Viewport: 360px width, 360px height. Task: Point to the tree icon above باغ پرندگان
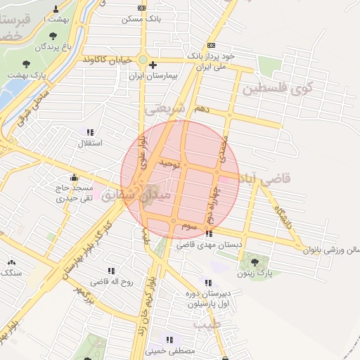pyautogui.click(x=55, y=35)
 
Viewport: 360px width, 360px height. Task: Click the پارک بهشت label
pyautogui.click(x=26, y=73)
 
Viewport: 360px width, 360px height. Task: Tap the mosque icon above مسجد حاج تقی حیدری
pyautogui.click(x=74, y=177)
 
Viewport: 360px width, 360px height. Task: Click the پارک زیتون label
pyautogui.click(x=255, y=272)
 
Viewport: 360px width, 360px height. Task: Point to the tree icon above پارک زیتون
pyautogui.click(x=255, y=262)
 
